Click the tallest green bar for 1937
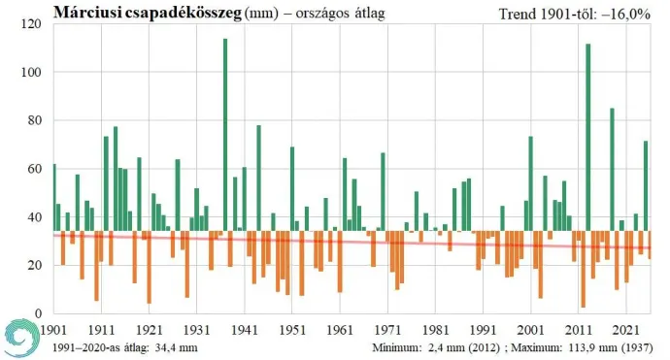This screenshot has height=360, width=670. click(225, 136)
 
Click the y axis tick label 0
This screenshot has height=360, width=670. click(43, 312)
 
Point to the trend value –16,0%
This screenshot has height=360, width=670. click(632, 13)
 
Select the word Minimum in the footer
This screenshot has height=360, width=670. click(398, 346)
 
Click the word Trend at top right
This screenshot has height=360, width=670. click(518, 13)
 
